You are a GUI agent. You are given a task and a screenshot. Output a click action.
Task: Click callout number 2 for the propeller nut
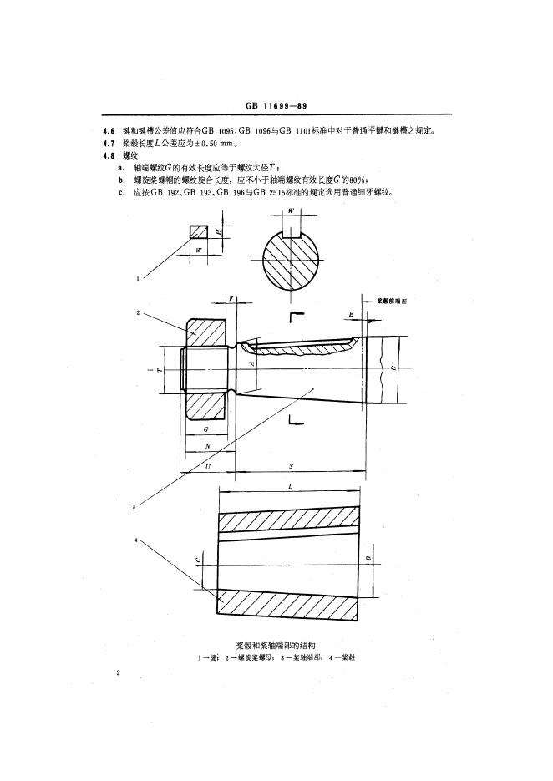click(x=139, y=313)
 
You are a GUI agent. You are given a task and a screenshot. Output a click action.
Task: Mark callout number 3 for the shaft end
click(x=134, y=505)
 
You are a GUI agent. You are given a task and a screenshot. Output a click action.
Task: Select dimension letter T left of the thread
click(x=160, y=368)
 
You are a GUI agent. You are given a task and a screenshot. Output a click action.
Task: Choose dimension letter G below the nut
click(x=205, y=429)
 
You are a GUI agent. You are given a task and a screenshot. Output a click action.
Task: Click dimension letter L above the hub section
click(x=289, y=486)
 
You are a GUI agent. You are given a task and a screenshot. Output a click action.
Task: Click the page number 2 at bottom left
click(x=120, y=672)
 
